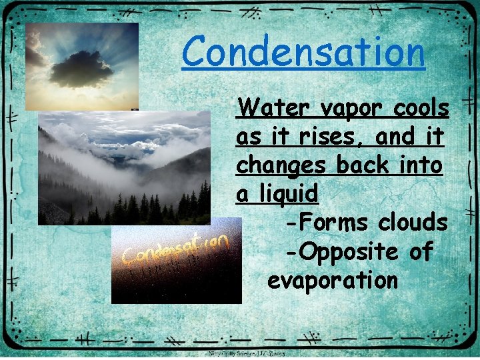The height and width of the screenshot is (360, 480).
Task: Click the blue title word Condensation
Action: pos(303,52)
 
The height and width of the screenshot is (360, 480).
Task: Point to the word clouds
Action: pos(412,222)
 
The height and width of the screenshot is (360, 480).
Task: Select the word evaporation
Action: pos(332,280)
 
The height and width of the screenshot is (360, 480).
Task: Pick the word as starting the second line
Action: pos(249,137)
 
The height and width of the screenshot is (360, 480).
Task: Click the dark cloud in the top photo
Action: pos(81,69)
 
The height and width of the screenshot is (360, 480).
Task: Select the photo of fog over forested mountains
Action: pos(124,167)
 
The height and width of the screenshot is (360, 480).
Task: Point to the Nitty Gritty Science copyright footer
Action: pos(247,354)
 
